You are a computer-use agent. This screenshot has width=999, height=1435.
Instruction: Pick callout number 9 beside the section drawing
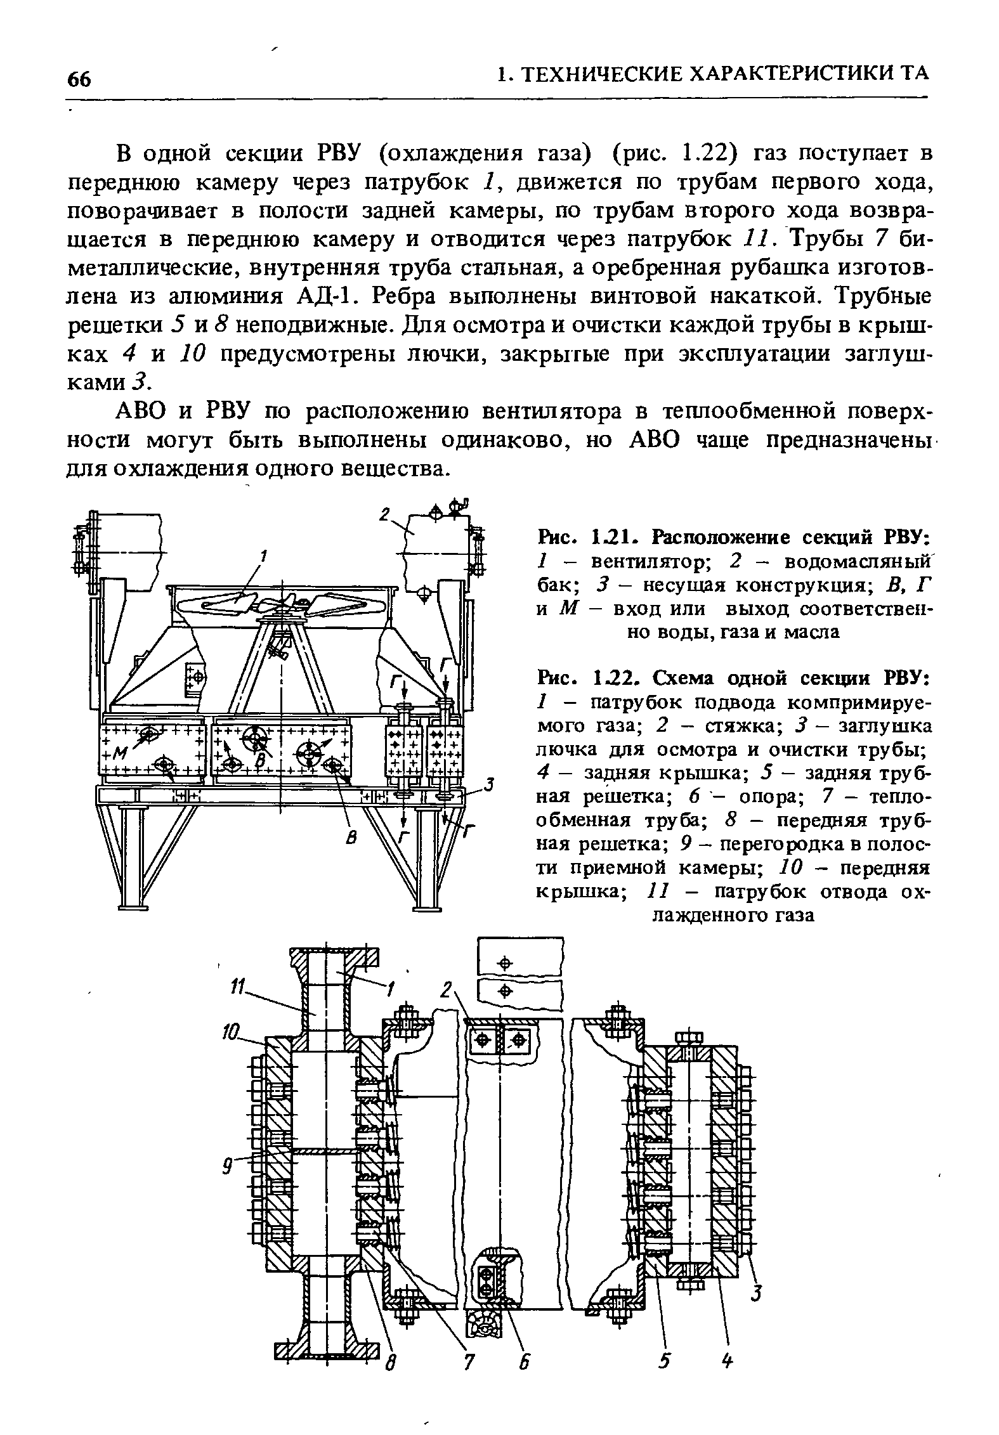tap(226, 1164)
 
